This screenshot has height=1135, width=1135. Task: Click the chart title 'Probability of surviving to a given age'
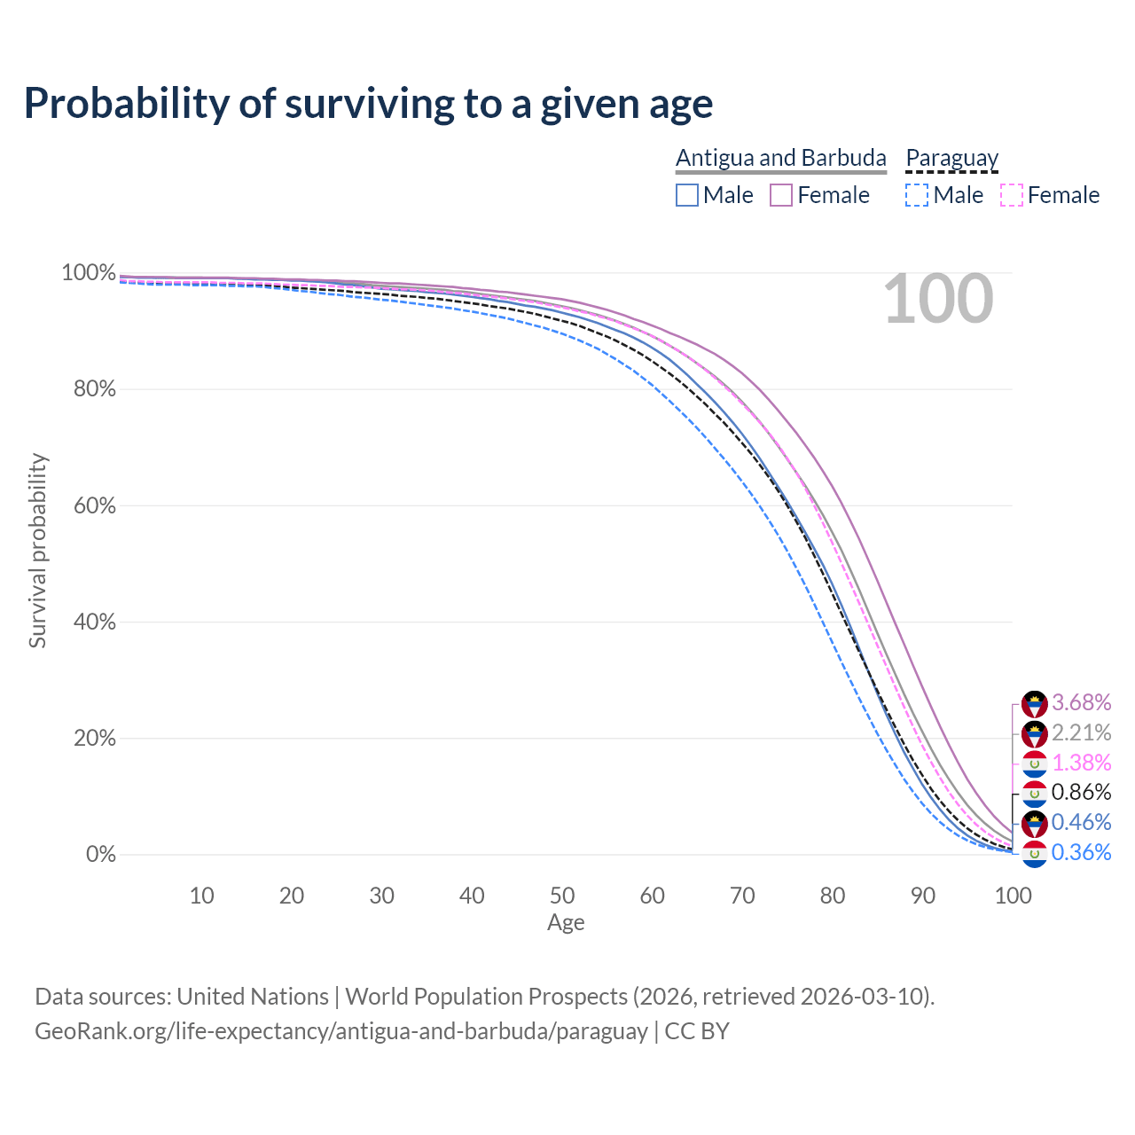click(368, 104)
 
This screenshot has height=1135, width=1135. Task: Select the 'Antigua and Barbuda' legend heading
click(780, 158)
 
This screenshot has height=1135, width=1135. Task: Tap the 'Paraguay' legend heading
click(951, 158)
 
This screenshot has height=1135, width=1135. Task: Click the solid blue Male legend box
click(687, 195)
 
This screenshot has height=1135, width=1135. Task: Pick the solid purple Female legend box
click(781, 195)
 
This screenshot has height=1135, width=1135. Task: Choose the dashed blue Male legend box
click(917, 195)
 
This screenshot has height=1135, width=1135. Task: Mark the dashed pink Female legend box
click(1012, 195)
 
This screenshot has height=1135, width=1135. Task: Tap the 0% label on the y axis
click(101, 855)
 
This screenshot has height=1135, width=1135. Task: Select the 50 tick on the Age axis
click(562, 896)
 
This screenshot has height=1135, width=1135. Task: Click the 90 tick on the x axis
click(923, 896)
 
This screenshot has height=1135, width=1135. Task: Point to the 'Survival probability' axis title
click(37, 551)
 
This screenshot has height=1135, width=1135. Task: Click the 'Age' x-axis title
click(566, 923)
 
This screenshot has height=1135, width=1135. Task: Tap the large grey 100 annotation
click(938, 299)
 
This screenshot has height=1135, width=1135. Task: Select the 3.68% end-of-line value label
click(1081, 703)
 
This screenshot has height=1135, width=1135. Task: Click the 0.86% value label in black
click(1081, 793)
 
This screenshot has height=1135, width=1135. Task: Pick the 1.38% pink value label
click(1081, 763)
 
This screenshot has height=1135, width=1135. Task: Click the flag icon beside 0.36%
click(1034, 854)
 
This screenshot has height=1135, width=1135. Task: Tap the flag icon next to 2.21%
click(1034, 734)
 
